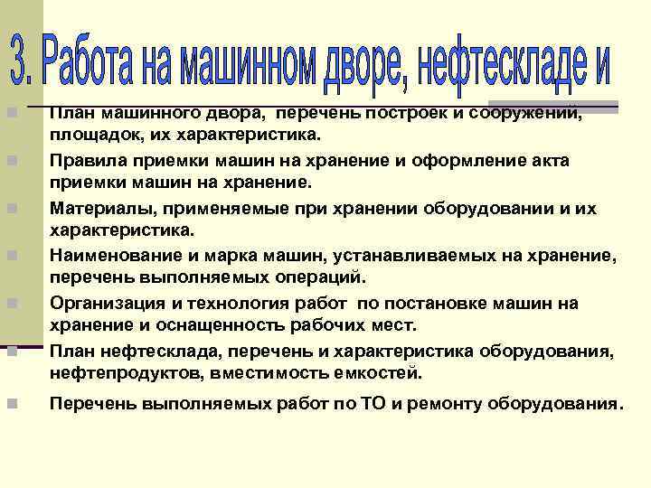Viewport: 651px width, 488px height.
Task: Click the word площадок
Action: (86, 136)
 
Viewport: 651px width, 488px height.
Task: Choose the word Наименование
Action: (110, 256)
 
